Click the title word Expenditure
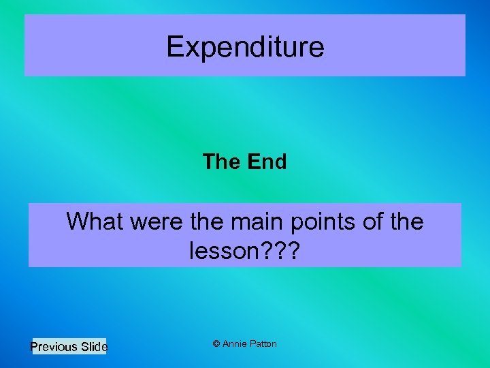(x=245, y=47)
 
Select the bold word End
(x=267, y=162)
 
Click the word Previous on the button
(x=54, y=347)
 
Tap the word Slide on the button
(x=94, y=347)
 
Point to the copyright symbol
(x=216, y=344)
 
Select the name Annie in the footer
(x=235, y=344)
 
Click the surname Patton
(x=263, y=344)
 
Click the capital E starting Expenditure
(x=176, y=47)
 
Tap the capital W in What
(x=76, y=221)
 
